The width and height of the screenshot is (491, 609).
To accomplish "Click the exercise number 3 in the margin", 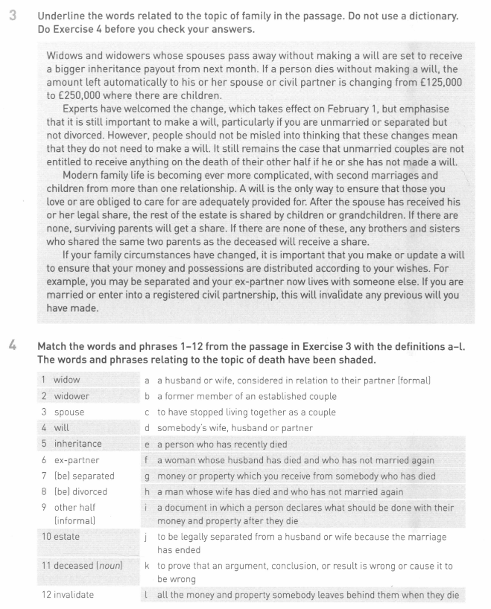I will click(x=13, y=16).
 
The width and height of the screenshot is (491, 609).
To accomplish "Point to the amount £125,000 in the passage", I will click(x=436, y=80).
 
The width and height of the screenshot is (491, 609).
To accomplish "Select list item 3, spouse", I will click(x=69, y=412).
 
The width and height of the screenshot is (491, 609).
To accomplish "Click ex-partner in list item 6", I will click(x=79, y=460).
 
